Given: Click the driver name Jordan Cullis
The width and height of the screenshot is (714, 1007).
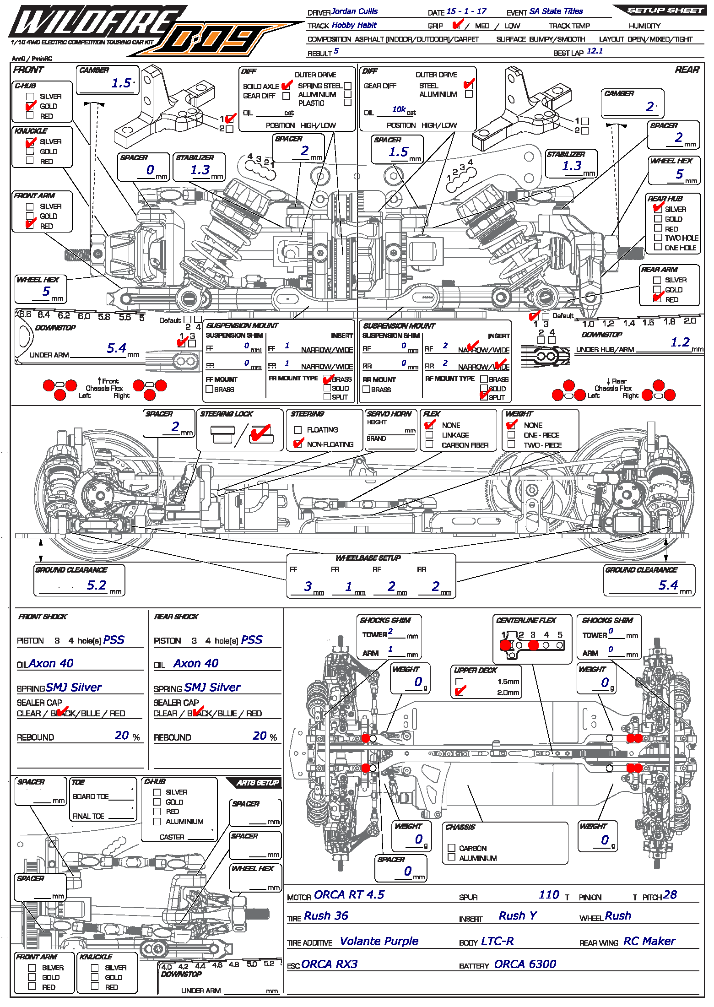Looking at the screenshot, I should point(354,11).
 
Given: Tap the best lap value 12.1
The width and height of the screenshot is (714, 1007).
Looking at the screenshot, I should point(595,51).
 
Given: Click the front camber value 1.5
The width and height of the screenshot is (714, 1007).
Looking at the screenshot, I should point(121,83).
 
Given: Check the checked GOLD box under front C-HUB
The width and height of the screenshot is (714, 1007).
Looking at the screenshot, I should point(30,106).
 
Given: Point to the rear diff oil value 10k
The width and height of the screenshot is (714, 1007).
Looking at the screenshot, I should point(399,109).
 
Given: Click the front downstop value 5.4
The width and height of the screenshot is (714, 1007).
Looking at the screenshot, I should point(116,348).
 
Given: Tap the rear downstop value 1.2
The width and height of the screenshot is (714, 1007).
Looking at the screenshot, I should point(680,342).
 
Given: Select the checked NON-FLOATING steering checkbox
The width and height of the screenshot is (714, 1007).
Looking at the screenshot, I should point(298,444).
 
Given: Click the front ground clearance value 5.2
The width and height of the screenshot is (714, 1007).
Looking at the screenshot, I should point(97,585).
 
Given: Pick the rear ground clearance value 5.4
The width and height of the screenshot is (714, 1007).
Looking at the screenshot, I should point(668,585).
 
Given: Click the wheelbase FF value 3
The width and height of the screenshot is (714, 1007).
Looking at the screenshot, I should point(308,586).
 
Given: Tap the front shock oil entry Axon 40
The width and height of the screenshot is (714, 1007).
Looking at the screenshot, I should point(51,664).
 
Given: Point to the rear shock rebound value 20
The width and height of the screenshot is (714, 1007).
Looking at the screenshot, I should point(260,736).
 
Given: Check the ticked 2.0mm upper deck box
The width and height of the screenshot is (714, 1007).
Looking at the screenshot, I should point(460,691).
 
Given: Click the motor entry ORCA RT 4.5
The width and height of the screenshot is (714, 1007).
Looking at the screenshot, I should point(349,895).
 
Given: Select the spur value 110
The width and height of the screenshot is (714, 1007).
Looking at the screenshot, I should point(549,895).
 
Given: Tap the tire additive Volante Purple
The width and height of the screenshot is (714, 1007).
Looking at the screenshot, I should point(379,942).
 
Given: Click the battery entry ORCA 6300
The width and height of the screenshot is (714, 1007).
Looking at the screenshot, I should point(525,964).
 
